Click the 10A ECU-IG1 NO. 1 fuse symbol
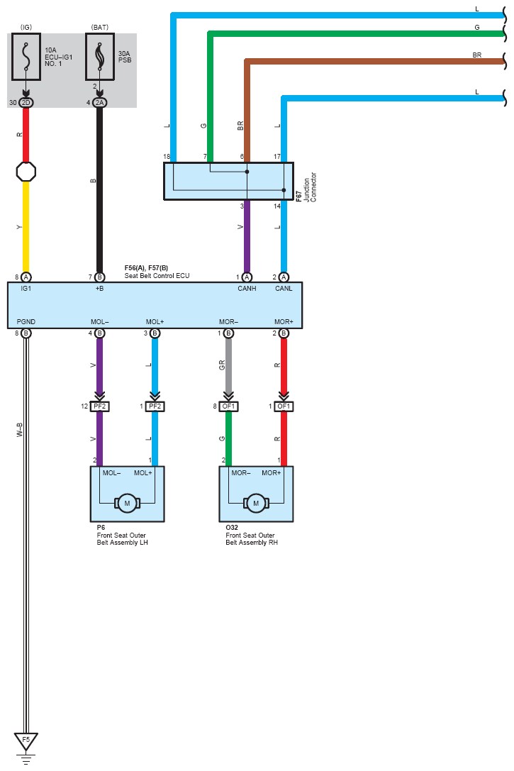pyautogui.click(x=26, y=56)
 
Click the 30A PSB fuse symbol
pyautogui.click(x=99, y=56)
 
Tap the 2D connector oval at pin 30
pyautogui.click(x=26, y=102)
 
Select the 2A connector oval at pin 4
pyautogui.click(x=99, y=102)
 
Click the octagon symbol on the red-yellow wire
pyautogui.click(x=26, y=172)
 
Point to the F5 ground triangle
pyautogui.click(x=26, y=741)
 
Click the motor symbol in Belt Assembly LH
pyautogui.click(x=128, y=504)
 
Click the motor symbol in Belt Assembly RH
pyautogui.click(x=256, y=504)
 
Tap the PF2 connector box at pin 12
pyautogui.click(x=99, y=406)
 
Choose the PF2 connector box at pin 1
pyautogui.click(x=155, y=406)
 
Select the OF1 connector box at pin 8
pyautogui.click(x=229, y=406)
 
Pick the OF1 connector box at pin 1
pyautogui.click(x=284, y=406)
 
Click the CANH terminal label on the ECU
pyautogui.click(x=247, y=288)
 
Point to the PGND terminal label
pyautogui.click(x=26, y=322)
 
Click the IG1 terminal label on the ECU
pyautogui.click(x=26, y=288)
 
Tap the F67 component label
pyautogui.click(x=298, y=195)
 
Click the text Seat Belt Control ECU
pyautogui.click(x=157, y=276)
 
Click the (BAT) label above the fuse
pyautogui.click(x=99, y=27)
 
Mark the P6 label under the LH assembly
pyautogui.click(x=101, y=528)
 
